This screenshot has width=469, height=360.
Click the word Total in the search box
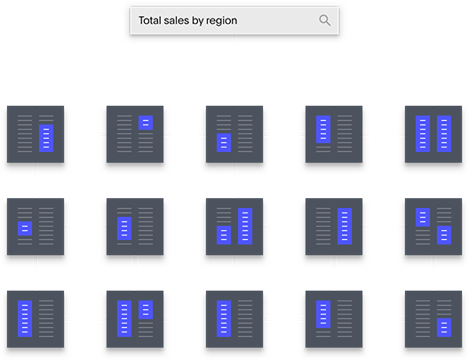150,20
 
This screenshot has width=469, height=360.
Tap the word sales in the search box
177,20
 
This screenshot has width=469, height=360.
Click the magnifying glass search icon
324,20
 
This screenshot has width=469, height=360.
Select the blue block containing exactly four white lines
124,228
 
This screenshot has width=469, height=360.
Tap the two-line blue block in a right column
146,123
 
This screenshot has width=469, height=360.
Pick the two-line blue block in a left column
25,228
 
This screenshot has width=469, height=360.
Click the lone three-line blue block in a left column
224,143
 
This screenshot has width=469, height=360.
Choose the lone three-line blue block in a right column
444,328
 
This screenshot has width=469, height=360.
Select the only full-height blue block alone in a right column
345,227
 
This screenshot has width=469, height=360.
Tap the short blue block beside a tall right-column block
224,236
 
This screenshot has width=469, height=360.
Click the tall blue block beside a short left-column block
245,227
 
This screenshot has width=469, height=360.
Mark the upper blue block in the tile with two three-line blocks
423,217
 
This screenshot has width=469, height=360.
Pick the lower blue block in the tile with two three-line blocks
444,236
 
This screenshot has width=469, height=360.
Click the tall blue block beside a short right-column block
124,319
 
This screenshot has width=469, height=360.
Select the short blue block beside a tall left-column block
146,309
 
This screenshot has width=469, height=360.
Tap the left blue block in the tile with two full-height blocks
423,133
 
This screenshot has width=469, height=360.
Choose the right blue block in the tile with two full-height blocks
444,133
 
